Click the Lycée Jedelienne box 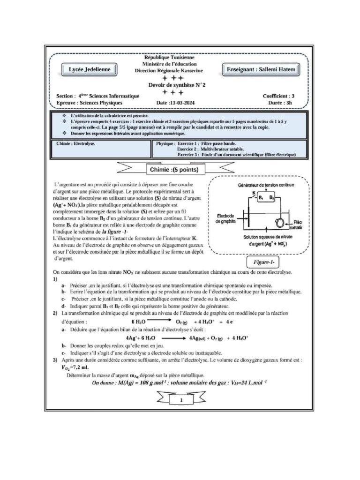click(90, 69)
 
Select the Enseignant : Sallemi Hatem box click(267, 69)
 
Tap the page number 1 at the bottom click(181, 400)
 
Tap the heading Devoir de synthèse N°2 click(173, 85)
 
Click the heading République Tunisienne click(172, 57)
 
